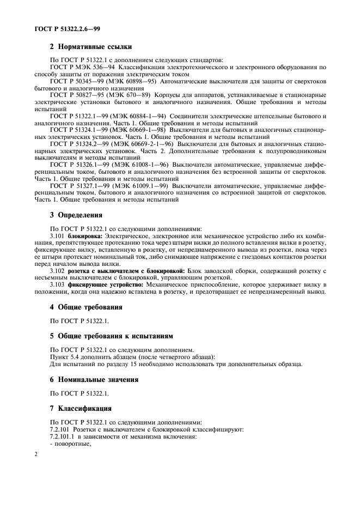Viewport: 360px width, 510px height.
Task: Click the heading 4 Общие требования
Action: point(85,307)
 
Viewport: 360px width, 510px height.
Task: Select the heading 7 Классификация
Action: point(81,408)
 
